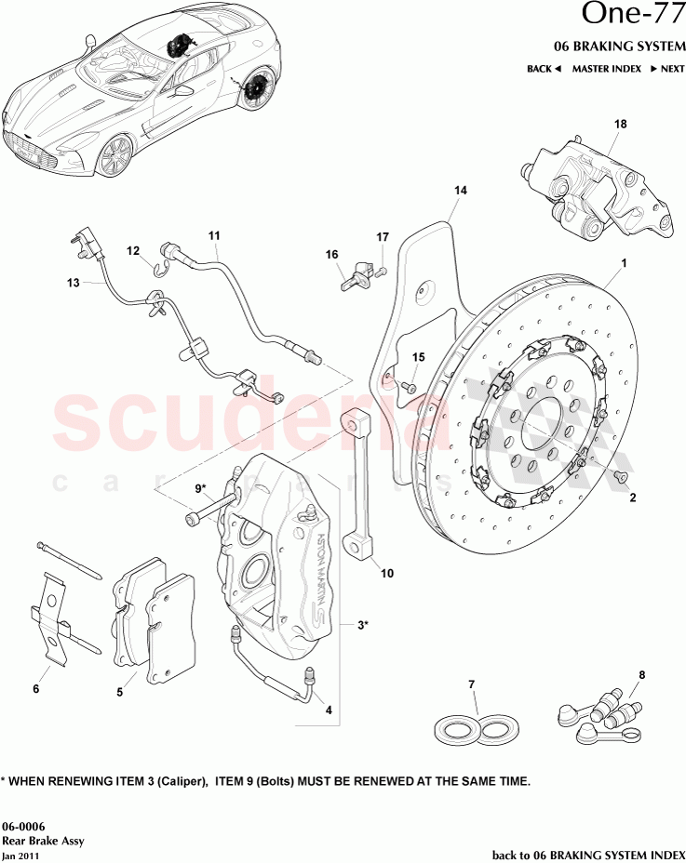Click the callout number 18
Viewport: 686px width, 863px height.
pos(621,124)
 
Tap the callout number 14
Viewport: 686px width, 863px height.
pos(460,192)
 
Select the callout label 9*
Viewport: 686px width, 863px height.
pos(201,486)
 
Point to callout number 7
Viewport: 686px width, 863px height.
pos(472,685)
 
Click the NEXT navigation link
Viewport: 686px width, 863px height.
pos(666,69)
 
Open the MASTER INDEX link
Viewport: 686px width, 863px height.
pos(605,69)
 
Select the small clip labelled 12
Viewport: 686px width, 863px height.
pos(158,270)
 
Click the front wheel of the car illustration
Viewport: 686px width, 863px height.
pos(114,155)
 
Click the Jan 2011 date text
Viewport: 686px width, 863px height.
pos(21,855)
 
